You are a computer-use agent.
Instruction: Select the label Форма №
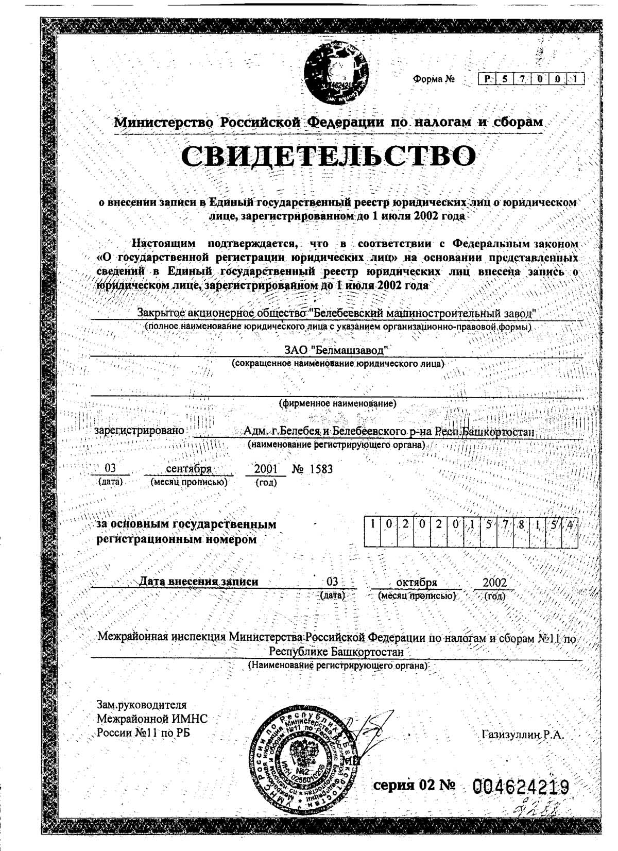434,79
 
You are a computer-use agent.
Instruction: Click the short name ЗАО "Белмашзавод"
337,350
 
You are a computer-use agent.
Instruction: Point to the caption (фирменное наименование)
337,403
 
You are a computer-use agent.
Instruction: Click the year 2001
266,469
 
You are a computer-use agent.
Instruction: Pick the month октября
417,582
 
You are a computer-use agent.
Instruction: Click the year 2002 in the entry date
494,582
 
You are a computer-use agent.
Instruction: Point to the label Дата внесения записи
199,582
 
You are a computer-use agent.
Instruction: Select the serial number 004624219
521,787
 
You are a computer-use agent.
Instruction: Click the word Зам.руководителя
142,705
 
